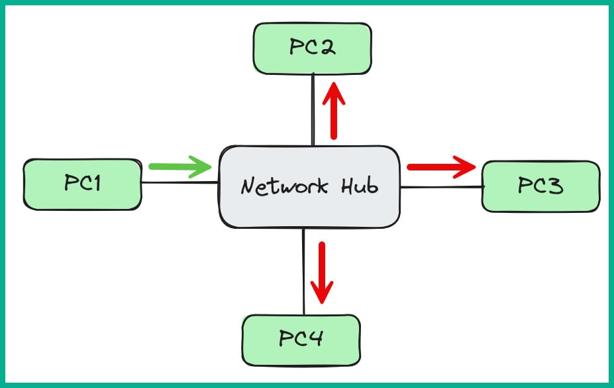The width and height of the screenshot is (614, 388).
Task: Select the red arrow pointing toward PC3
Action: tap(440, 166)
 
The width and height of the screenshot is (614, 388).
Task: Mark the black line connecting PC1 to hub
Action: tap(179, 183)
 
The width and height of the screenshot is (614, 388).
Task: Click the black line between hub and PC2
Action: tap(313, 109)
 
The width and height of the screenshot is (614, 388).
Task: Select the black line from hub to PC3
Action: tap(440, 188)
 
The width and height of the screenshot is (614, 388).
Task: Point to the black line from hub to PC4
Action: tap(303, 272)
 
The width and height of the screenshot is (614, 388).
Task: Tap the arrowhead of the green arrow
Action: tap(202, 166)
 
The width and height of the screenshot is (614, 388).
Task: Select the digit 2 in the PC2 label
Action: tap(327, 48)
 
